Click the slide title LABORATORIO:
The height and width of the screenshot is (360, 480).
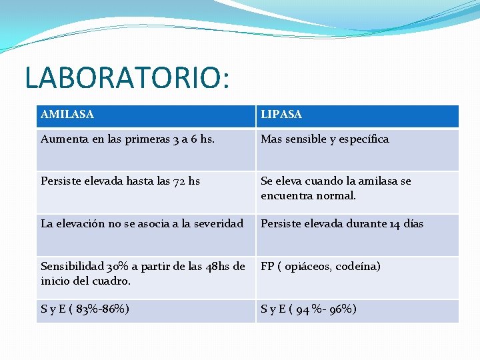127,77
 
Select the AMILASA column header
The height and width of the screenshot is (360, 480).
67,115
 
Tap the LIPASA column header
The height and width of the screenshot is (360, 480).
281,115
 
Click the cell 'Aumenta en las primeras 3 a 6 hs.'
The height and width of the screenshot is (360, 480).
127,139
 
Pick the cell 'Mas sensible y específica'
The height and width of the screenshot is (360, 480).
325,139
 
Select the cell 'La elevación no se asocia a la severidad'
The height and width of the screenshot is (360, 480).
142,224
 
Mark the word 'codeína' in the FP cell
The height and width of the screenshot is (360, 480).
359,267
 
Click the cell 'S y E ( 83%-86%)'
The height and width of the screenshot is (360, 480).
85,309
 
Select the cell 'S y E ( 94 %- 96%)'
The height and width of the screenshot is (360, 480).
309,309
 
